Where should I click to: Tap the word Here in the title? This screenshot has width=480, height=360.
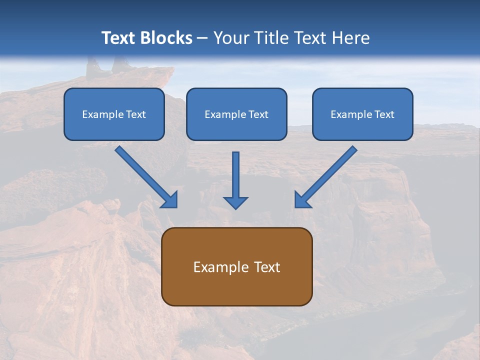pyautogui.click(x=352, y=38)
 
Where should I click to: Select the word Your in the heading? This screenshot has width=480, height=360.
pyautogui.click(x=230, y=38)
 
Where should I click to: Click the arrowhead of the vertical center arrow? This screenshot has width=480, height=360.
pyautogui.click(x=235, y=202)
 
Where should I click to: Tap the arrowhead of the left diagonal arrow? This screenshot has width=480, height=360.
pyautogui.click(x=170, y=200)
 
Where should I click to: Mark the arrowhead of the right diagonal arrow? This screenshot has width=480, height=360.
pyautogui.click(x=301, y=200)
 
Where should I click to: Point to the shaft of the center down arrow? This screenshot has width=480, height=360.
pyautogui.click(x=235, y=172)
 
